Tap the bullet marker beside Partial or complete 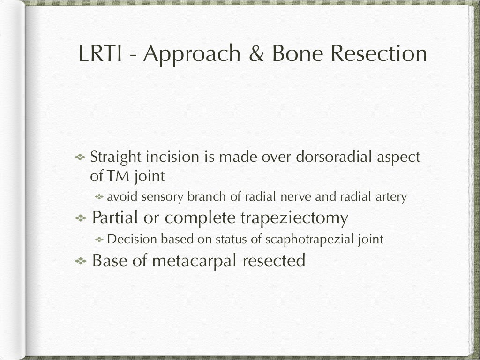click(x=81, y=218)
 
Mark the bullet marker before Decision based click(x=99, y=240)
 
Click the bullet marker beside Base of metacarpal click(x=81, y=261)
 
